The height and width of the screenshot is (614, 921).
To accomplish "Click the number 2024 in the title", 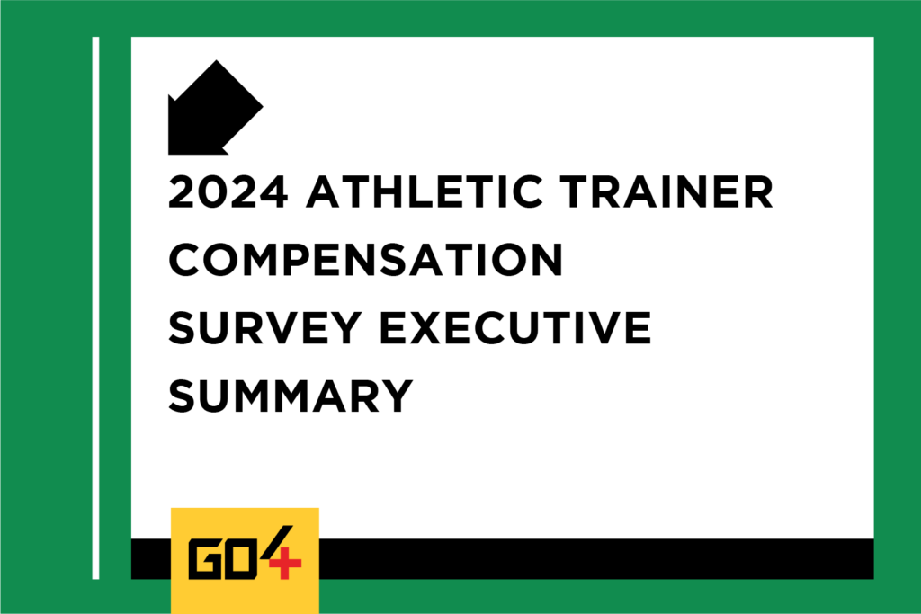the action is (x=228, y=192).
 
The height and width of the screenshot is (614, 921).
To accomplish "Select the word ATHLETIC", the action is (x=425, y=192).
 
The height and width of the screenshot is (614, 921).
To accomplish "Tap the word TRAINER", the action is (x=666, y=192).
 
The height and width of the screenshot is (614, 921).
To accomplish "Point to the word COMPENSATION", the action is (x=366, y=260).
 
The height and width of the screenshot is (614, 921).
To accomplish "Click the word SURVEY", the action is (x=265, y=327).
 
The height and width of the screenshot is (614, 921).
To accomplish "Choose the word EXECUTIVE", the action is (x=515, y=327).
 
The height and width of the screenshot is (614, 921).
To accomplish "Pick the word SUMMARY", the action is (x=291, y=396).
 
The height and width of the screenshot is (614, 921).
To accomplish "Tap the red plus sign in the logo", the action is (x=285, y=563).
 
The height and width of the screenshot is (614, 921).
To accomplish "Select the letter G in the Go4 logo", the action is (x=205, y=562).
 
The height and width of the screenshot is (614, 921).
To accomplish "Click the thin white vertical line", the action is (x=95, y=307).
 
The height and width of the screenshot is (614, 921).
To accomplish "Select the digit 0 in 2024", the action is (x=212, y=192).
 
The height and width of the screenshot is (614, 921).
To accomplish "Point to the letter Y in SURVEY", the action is (x=344, y=327).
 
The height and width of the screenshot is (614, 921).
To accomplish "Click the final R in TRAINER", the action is (x=757, y=192).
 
